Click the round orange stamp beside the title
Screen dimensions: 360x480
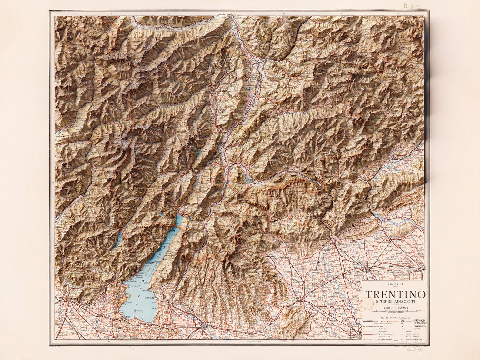(368, 302)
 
